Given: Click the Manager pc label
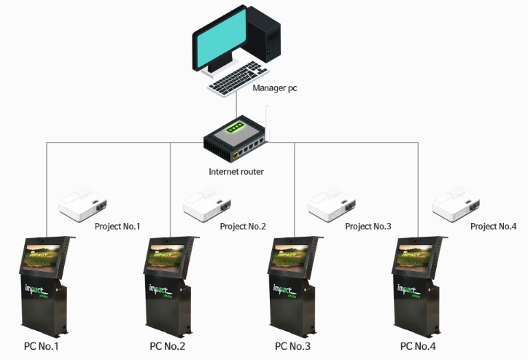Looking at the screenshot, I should (x=275, y=88).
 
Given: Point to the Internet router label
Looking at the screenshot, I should (x=236, y=172).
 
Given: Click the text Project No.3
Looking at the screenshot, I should (x=368, y=227).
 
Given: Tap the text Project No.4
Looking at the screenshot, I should (x=493, y=227).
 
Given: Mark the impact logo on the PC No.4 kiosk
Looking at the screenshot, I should (x=414, y=290).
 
